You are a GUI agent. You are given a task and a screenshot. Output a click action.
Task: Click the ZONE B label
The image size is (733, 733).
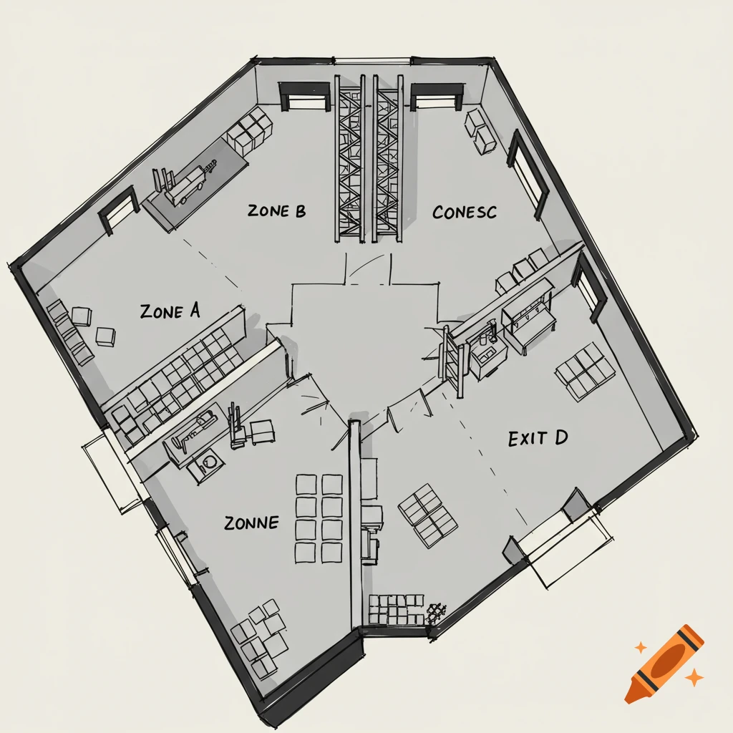[276, 211]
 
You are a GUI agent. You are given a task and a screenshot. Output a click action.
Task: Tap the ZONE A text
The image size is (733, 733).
[170, 311]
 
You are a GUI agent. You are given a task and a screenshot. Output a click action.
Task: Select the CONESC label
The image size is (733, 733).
[465, 213]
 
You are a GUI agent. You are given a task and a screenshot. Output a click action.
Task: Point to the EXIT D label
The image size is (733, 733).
[538, 438]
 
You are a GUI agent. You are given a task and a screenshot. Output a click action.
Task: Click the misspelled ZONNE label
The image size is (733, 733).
[251, 523]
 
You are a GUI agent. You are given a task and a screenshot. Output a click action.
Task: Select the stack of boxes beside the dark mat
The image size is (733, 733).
[250, 131]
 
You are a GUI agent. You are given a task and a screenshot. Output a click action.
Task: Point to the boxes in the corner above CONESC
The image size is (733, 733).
[480, 130]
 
